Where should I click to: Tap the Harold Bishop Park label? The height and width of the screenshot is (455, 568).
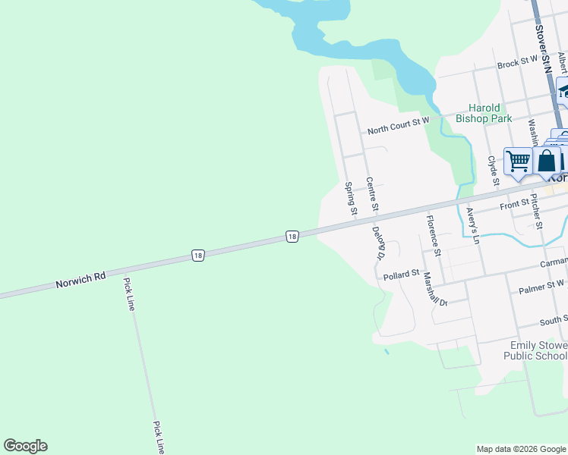pyautogui.click(x=484, y=113)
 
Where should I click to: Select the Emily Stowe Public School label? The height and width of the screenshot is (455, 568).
pyautogui.click(x=538, y=350)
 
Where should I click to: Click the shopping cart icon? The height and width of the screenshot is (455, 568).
pyautogui.click(x=518, y=161)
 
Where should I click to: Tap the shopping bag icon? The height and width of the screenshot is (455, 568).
pyautogui.click(x=546, y=161)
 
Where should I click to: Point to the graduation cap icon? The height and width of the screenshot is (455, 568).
pyautogui.click(x=563, y=91)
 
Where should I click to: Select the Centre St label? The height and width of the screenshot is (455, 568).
pyautogui.click(x=372, y=194)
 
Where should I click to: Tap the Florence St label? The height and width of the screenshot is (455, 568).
pyautogui.click(x=433, y=234)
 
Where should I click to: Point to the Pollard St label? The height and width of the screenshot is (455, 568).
pyautogui.click(x=402, y=274)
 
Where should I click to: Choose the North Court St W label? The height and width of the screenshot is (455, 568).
pyautogui.click(x=398, y=130)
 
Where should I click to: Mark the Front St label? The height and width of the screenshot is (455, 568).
pyautogui.click(x=514, y=204)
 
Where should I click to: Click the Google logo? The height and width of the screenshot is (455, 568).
pyautogui.click(x=25, y=446)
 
